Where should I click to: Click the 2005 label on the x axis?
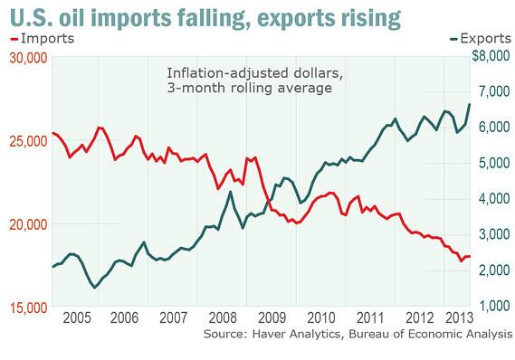pos(77,319)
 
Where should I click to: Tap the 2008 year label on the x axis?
pos(223,319)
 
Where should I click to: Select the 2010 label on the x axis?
pos(321,319)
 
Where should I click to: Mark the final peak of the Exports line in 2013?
pos(469,104)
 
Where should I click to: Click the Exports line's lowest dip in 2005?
pos(95,288)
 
